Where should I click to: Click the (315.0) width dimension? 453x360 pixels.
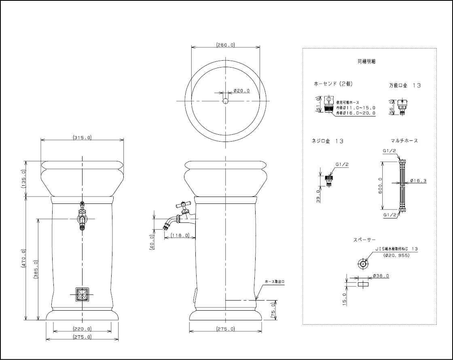[82, 138]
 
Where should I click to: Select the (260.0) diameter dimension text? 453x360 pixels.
[225, 45]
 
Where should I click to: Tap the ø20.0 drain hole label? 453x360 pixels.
[241, 91]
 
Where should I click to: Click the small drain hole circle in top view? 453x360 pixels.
[225, 101]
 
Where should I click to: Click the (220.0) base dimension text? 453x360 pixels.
[82, 329]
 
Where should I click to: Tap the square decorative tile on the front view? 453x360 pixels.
[82, 294]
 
